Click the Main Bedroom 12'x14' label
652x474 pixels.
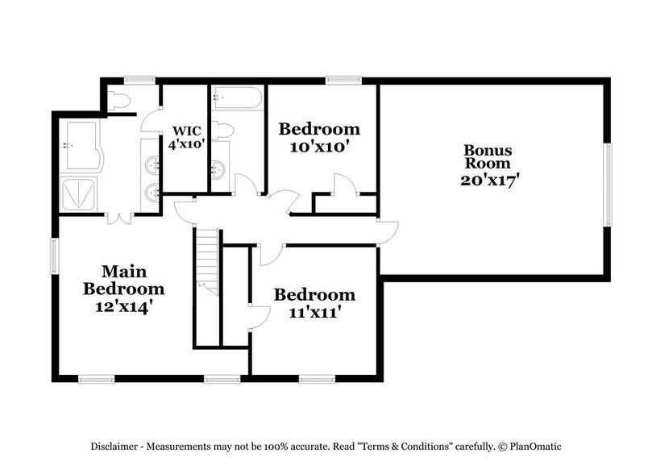click(x=123, y=289)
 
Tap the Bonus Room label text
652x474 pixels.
click(x=488, y=166)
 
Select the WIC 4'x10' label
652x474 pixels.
click(x=186, y=138)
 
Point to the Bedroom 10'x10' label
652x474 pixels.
click(x=319, y=138)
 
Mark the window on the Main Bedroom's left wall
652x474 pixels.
click(x=55, y=256)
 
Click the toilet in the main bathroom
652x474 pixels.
click(x=119, y=100)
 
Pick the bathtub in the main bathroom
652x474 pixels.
click(x=81, y=146)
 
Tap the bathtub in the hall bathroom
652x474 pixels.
click(x=236, y=100)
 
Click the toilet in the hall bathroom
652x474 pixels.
click(x=223, y=131)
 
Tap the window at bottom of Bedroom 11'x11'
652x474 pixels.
click(x=317, y=378)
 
